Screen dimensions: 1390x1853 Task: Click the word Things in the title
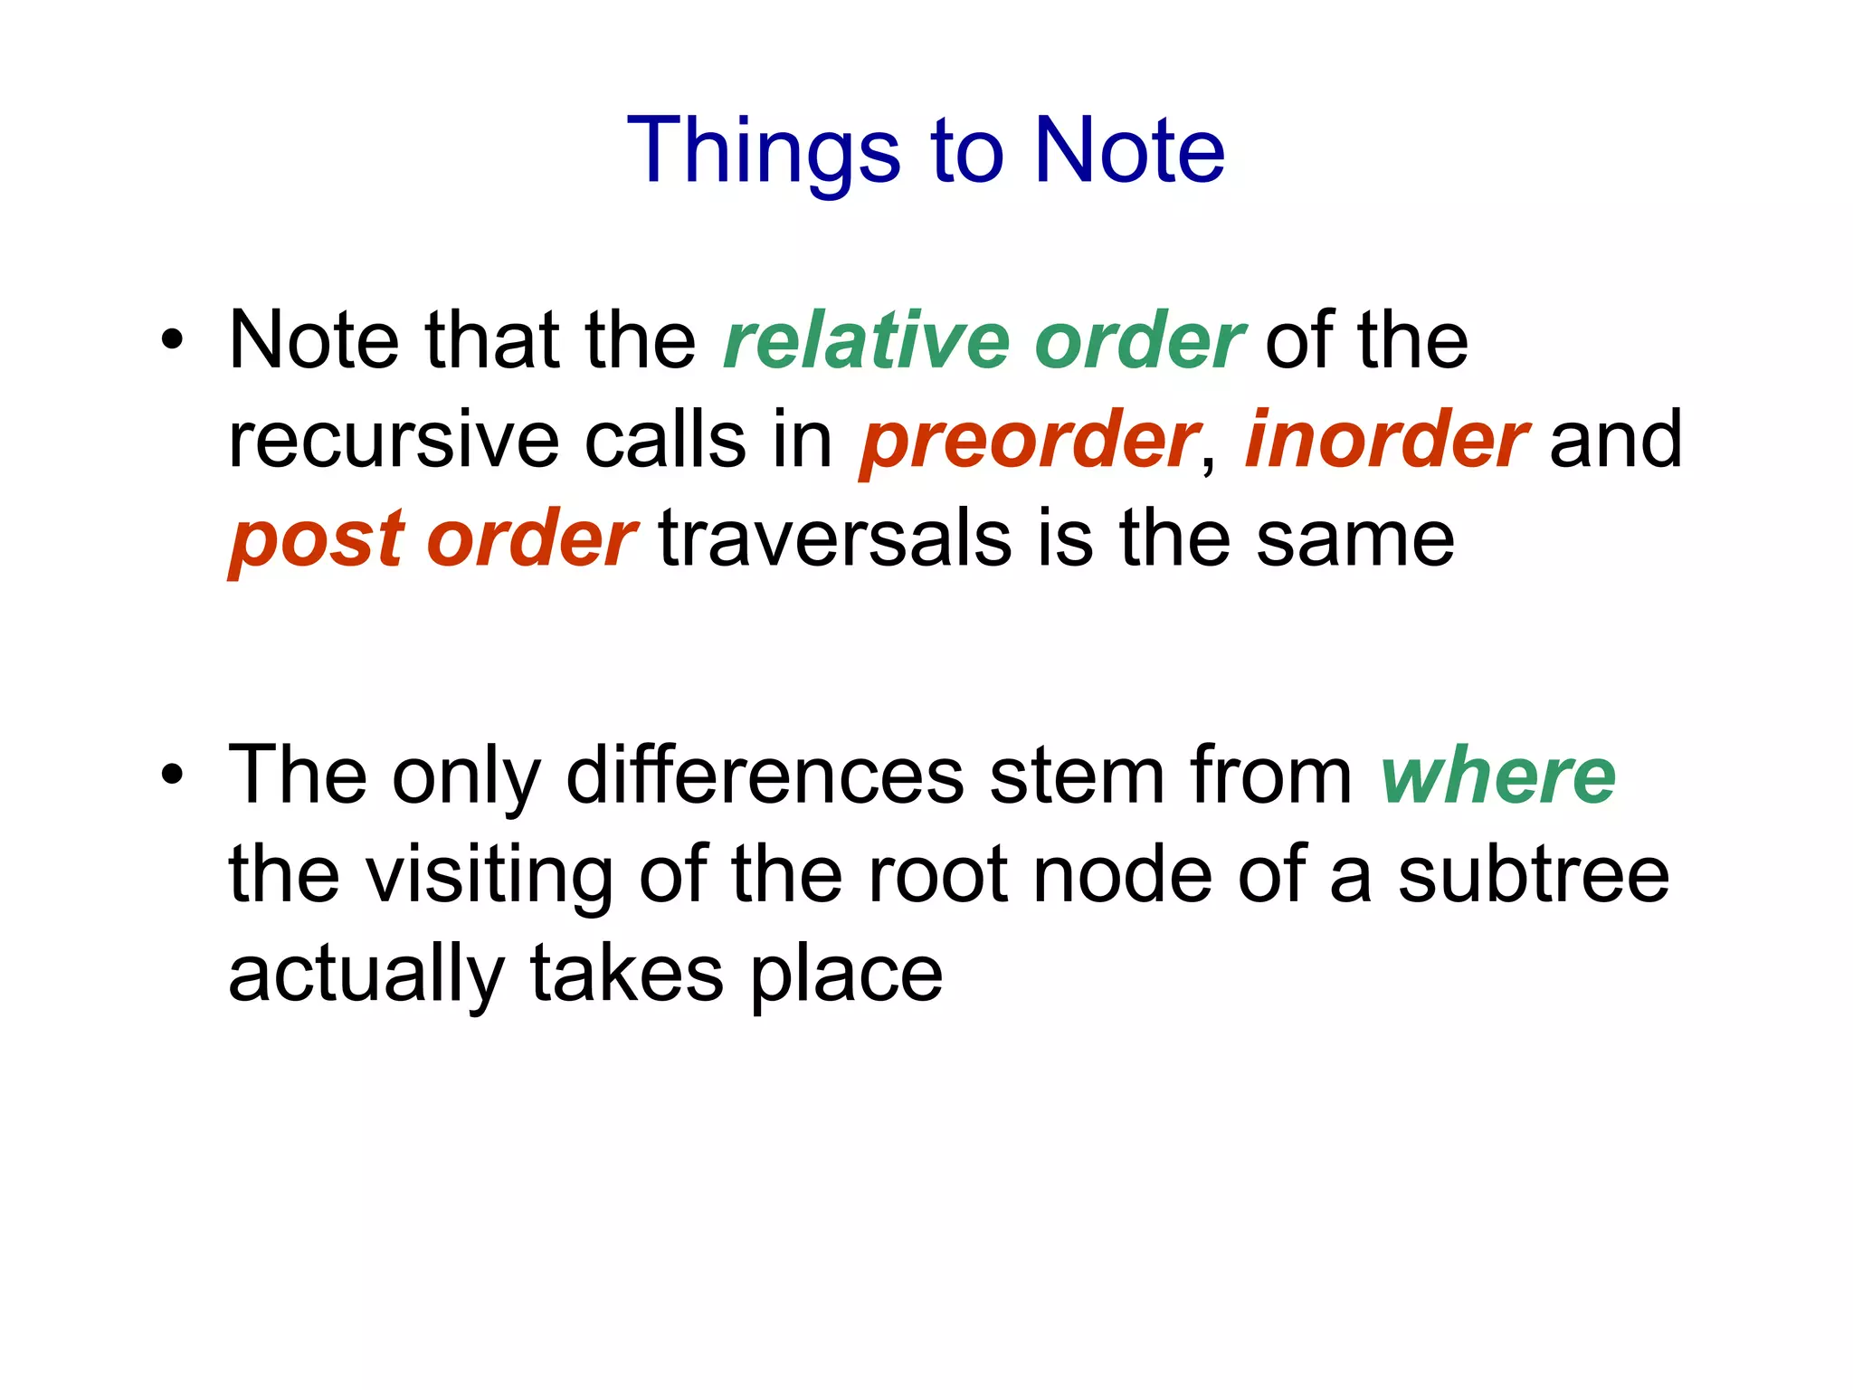click(x=764, y=151)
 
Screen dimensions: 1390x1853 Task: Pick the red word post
click(x=316, y=540)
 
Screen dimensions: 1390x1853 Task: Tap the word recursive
click(x=394, y=441)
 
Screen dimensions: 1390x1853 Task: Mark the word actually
click(x=366, y=976)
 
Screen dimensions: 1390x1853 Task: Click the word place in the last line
click(x=846, y=976)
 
